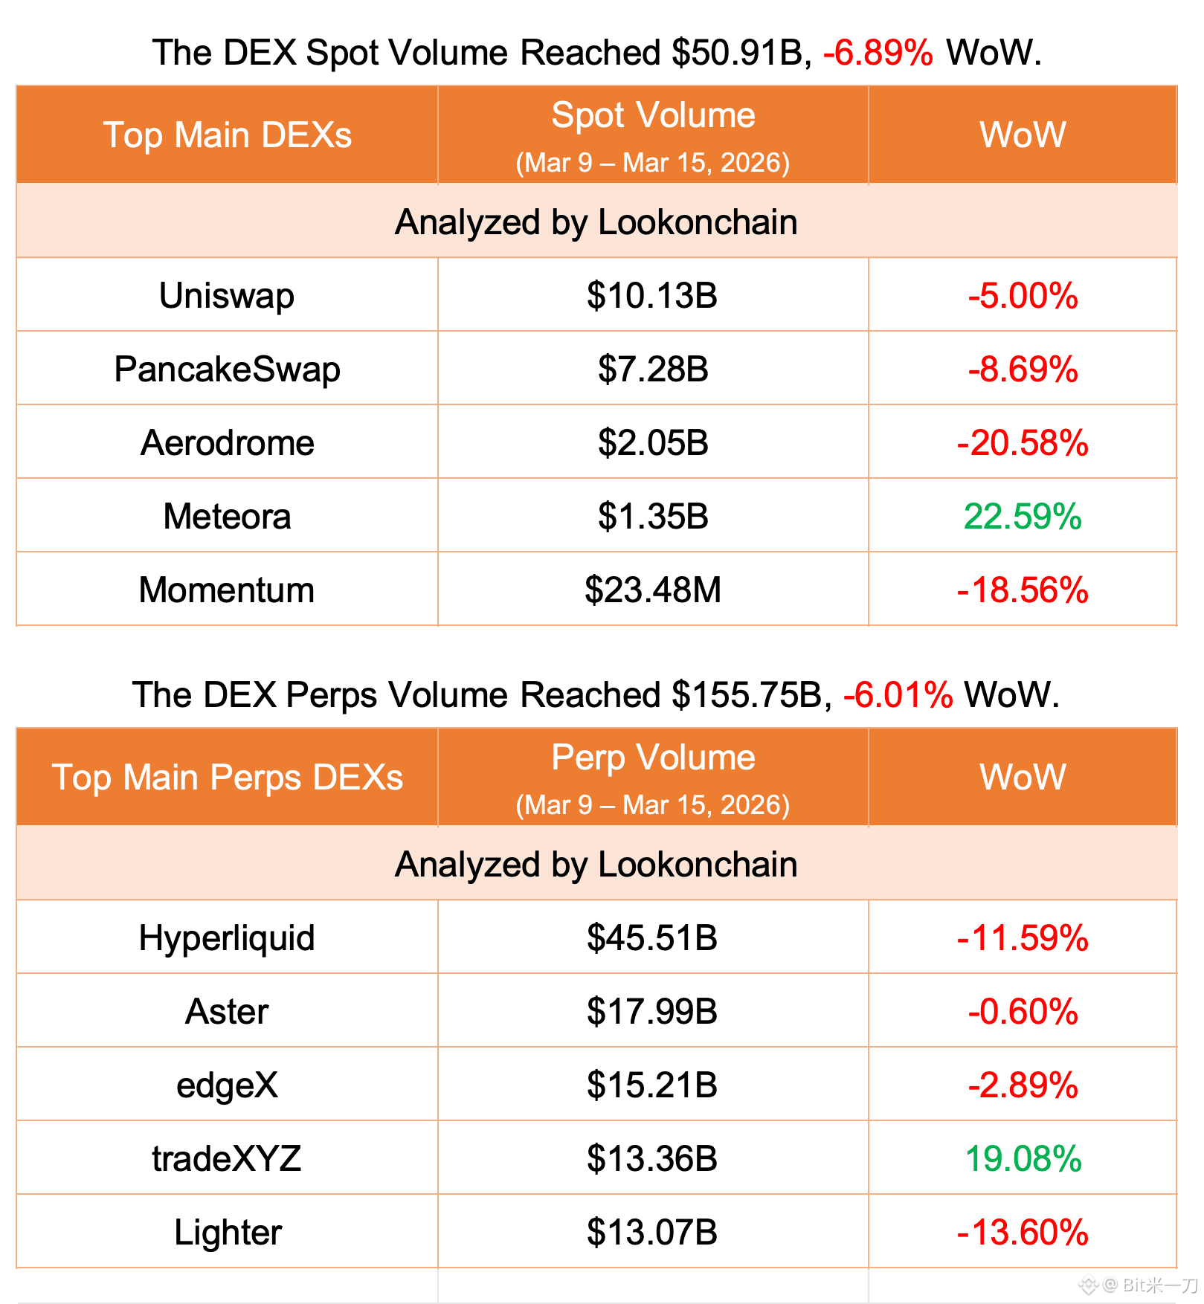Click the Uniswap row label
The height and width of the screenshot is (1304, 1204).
click(227, 295)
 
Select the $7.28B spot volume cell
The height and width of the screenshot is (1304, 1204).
click(653, 369)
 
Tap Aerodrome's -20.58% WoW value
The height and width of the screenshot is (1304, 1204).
click(1023, 442)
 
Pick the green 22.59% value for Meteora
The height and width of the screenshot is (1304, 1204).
click(1023, 516)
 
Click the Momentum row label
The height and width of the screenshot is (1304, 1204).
click(227, 590)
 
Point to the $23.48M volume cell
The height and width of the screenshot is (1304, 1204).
click(653, 590)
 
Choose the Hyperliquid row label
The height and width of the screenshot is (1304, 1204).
click(227, 937)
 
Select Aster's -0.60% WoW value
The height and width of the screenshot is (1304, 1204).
click(1023, 1011)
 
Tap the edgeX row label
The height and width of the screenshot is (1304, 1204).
click(227, 1085)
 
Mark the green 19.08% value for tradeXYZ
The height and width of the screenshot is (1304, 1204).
click(1023, 1158)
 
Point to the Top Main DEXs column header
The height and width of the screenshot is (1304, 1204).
click(227, 135)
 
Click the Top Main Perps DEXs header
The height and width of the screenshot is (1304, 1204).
click(227, 777)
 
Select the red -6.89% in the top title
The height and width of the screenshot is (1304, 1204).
click(878, 53)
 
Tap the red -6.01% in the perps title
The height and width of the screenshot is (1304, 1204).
click(898, 695)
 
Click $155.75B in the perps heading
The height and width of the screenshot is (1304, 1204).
click(747, 695)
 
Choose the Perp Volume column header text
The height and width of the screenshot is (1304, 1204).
click(653, 758)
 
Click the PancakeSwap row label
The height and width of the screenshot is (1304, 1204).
click(227, 369)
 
